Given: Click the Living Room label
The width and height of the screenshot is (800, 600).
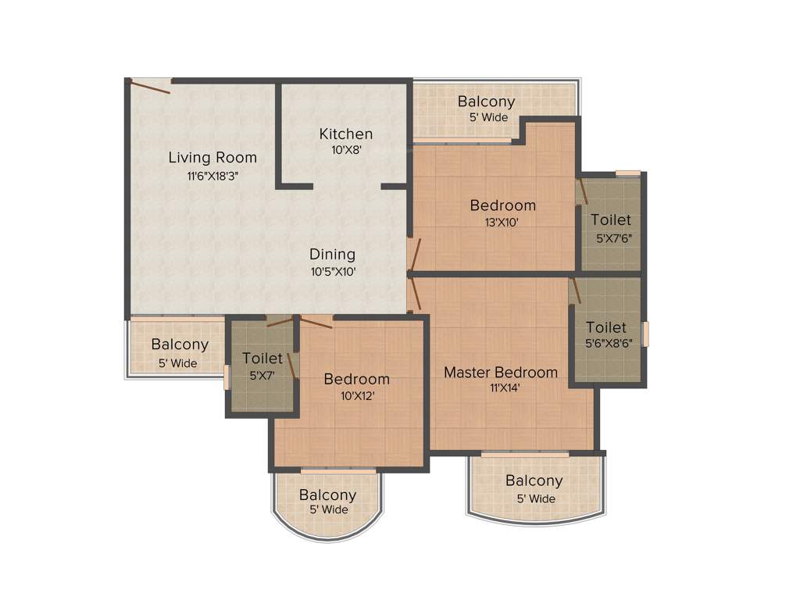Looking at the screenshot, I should click(212, 158).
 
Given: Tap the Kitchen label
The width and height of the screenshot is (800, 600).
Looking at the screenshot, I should click(346, 134).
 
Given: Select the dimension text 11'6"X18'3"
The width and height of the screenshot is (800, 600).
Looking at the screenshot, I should click(212, 176).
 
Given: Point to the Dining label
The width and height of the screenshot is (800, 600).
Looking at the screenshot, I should click(332, 254).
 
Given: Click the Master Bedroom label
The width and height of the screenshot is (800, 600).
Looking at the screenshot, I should click(501, 372).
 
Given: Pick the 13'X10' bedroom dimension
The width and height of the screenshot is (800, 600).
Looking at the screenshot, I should click(502, 222).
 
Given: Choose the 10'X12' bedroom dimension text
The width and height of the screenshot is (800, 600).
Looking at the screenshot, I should click(356, 395).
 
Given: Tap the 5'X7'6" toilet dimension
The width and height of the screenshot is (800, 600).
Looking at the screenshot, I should click(611, 238).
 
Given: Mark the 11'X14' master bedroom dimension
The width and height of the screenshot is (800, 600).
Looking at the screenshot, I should click(501, 388).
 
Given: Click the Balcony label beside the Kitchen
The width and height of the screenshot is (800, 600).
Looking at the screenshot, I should click(486, 102).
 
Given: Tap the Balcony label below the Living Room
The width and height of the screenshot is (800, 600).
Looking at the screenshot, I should click(180, 345).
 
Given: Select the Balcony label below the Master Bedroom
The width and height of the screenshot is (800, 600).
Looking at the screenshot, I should click(534, 481).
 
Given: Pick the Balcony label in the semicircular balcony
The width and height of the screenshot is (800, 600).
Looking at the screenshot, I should click(327, 495).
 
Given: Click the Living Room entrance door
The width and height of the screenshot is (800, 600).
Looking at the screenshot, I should click(150, 85).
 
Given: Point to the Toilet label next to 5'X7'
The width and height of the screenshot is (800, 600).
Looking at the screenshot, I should click(262, 359).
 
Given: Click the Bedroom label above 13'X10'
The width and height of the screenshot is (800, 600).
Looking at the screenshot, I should click(502, 205).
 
